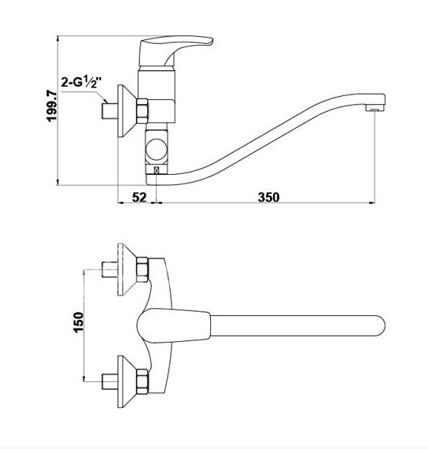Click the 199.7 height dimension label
pyautogui.click(x=52, y=106)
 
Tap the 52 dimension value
pyautogui.click(x=139, y=197)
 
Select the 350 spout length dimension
pyautogui.click(x=268, y=197)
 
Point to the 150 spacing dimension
pyautogui.click(x=79, y=322)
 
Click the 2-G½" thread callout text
pyautogui.click(x=82, y=83)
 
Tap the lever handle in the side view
pyautogui.click(x=175, y=50)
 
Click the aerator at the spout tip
pyautogui.click(x=374, y=109)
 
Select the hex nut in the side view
pyautogui.click(x=142, y=111)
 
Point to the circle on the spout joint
pyautogui.click(x=157, y=150)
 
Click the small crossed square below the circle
pyautogui.click(x=157, y=170)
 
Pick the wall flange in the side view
pyautogui.click(x=127, y=111)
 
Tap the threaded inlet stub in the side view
pyautogui.click(x=110, y=111)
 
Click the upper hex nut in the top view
pyautogui.click(x=142, y=269)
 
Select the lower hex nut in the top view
pyautogui.click(x=142, y=381)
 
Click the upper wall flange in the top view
pyautogui.click(x=127, y=269)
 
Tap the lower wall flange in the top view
pyautogui.click(x=127, y=382)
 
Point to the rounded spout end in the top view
pyautogui.click(x=378, y=325)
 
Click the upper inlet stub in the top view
pyautogui.click(x=110, y=269)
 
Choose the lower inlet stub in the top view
pyautogui.click(x=110, y=381)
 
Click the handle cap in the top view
pyautogui.click(x=174, y=325)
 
